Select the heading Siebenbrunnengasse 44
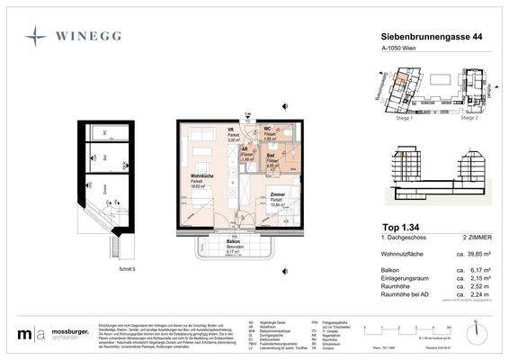pos(419,36)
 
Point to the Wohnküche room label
pos(201,175)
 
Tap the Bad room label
pos(271,156)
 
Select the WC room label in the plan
pos(269,130)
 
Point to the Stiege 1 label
pos(393,118)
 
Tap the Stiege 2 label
pos(469,118)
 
